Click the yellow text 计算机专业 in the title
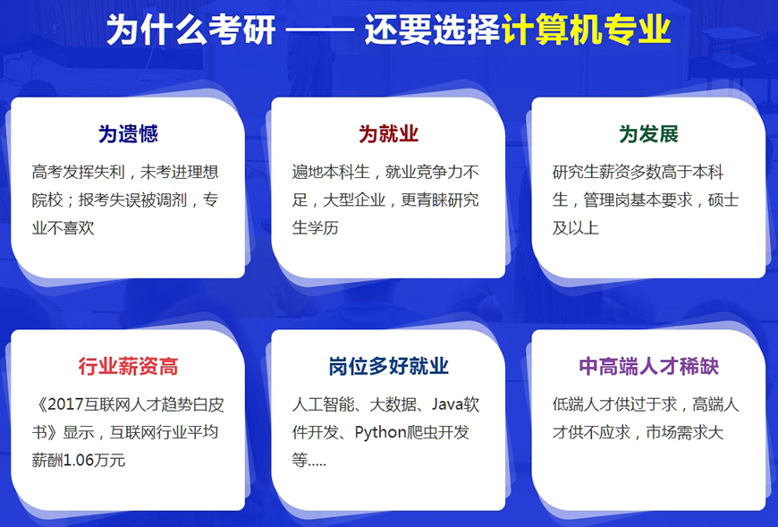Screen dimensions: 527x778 coord(586,30)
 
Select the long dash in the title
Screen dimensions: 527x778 coord(325,30)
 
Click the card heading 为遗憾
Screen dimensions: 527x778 coord(128,134)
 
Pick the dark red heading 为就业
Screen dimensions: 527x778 coord(388,134)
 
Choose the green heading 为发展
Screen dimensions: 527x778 coord(648,134)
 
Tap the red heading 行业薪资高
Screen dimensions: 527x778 coord(128,366)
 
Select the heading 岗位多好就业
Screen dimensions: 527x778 coord(388,366)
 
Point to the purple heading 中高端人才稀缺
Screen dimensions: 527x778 coord(648,366)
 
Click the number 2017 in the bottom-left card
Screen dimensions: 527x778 coord(68,405)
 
